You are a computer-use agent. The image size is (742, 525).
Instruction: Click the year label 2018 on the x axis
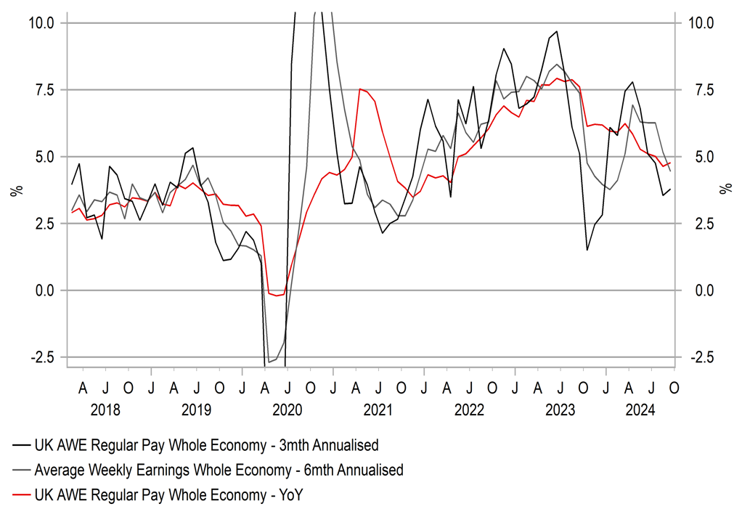click(105, 409)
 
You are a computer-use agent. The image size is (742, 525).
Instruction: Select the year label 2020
click(287, 409)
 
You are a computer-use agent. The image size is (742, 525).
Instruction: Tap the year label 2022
click(469, 409)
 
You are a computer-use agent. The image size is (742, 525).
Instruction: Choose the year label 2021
click(378, 409)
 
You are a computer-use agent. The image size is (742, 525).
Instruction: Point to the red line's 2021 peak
click(360, 89)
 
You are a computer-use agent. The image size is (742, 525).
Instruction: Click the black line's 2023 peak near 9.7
click(556, 31)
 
